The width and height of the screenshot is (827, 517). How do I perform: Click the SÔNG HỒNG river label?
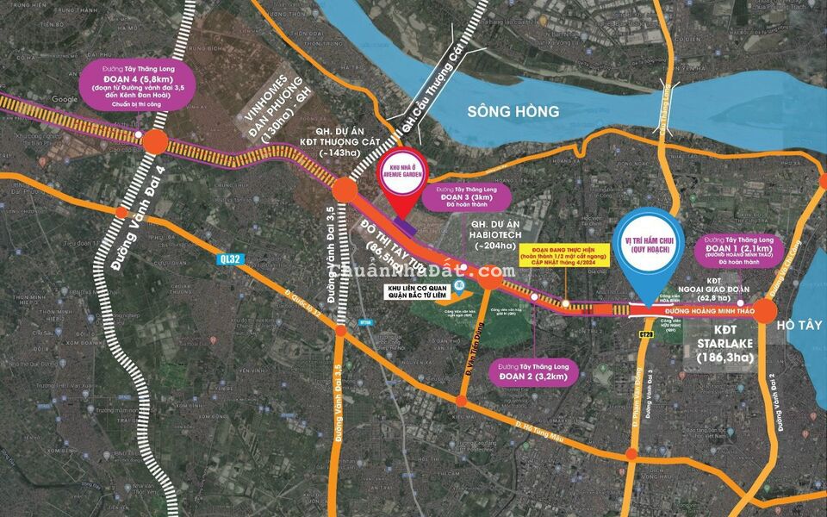tap(513, 111)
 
